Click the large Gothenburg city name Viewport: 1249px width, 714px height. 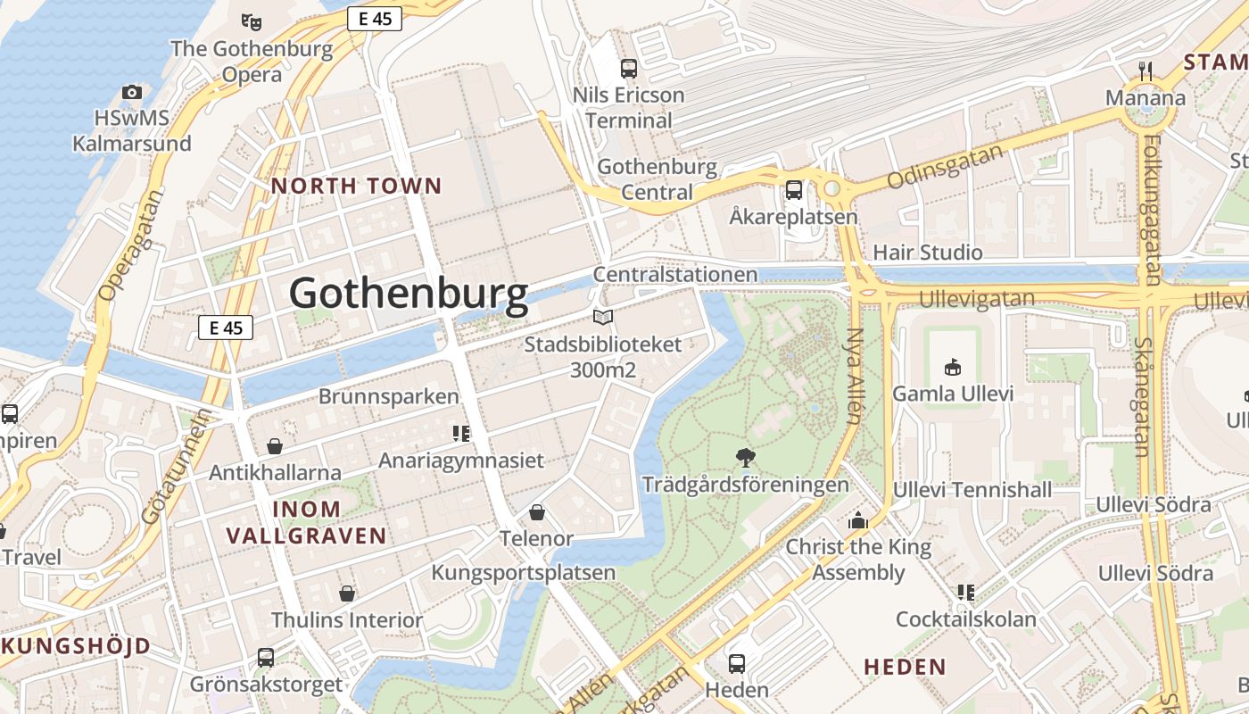[409, 294]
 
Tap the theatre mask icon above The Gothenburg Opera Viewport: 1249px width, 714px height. [252, 21]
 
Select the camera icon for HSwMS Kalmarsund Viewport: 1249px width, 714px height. [132, 92]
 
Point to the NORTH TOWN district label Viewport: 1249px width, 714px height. [357, 186]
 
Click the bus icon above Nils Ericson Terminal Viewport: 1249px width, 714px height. [629, 68]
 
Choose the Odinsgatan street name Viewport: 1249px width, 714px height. [946, 167]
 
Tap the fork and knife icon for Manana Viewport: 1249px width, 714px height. [1146, 71]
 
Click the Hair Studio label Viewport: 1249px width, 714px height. [928, 253]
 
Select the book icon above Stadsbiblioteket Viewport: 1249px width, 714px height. [603, 318]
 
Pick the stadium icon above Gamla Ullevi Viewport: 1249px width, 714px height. [953, 367]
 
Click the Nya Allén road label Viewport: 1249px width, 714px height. [855, 375]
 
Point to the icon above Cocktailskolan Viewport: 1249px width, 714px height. [965, 593]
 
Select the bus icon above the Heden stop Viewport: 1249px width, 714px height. [737, 663]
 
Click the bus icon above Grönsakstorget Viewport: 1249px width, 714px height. [266, 658]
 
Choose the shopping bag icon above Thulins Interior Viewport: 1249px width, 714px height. [347, 594]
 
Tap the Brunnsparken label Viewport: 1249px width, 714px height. [389, 397]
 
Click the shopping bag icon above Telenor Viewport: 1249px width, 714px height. [537, 512]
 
